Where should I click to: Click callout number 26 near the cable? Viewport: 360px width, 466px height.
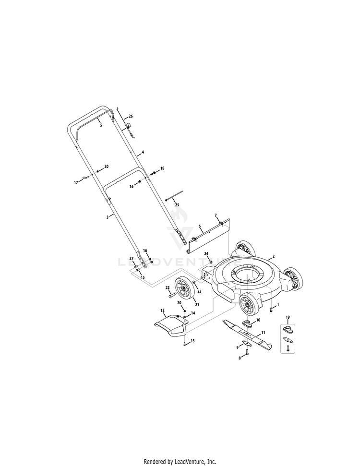pyautogui.click(x=131, y=116)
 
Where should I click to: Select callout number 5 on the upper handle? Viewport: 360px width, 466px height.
pyautogui.click(x=101, y=125)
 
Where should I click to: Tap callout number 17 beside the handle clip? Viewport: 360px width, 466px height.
pyautogui.click(x=76, y=183)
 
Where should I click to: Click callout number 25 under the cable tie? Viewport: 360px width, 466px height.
pyautogui.click(x=177, y=205)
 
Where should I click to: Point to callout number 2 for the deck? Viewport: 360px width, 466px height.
pyautogui.click(x=274, y=256)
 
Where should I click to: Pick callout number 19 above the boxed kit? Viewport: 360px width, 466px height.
pyautogui.click(x=288, y=317)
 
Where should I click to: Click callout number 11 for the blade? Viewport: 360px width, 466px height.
pyautogui.click(x=263, y=333)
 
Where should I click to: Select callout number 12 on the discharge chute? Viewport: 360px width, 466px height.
pyautogui.click(x=163, y=311)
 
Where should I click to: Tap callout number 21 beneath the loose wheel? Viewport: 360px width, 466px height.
pyautogui.click(x=197, y=304)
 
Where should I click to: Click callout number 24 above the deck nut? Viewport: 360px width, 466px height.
pyautogui.click(x=206, y=253)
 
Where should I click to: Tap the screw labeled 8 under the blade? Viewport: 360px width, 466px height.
pyautogui.click(x=247, y=352)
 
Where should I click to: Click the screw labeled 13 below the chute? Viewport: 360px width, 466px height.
pyautogui.click(x=185, y=343)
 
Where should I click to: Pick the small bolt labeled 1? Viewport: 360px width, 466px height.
pyautogui.click(x=271, y=310)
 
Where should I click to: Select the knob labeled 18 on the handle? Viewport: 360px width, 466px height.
pyautogui.click(x=154, y=173)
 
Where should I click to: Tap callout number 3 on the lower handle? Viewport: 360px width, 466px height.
pyautogui.click(x=108, y=217)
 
